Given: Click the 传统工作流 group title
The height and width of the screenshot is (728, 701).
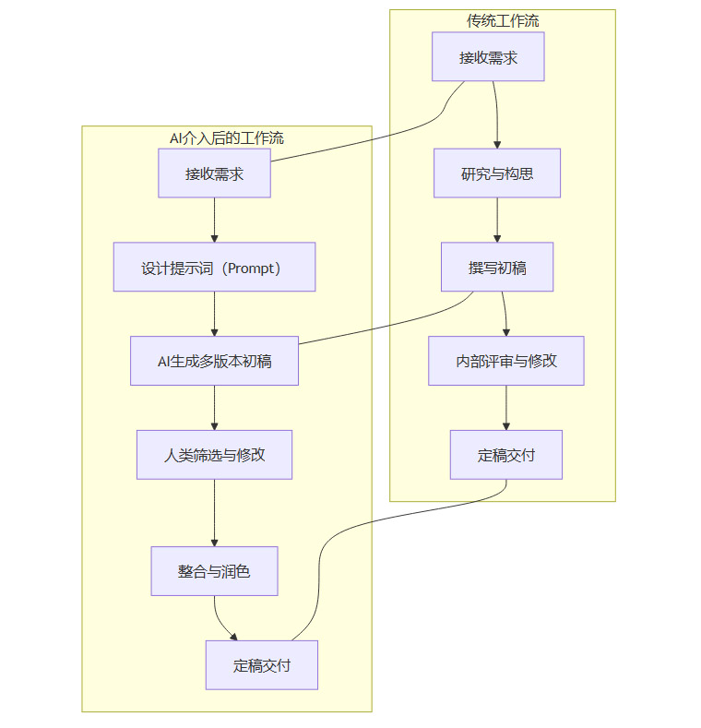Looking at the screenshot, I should pyautogui.click(x=502, y=20).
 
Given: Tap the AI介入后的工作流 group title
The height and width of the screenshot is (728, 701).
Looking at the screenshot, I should pyautogui.click(x=226, y=138).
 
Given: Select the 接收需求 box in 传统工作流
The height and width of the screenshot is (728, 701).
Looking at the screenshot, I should pyautogui.click(x=488, y=57).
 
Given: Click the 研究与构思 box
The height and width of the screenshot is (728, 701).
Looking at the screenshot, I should pyautogui.click(x=497, y=173).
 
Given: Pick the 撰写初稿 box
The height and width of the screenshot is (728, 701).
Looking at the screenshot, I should pyautogui.click(x=497, y=267).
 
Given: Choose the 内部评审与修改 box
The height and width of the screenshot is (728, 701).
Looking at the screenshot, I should pyautogui.click(x=506, y=361).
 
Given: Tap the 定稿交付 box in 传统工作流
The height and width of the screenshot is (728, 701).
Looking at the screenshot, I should pyautogui.click(x=506, y=455).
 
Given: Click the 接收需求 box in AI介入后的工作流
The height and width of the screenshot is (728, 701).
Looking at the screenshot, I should pyautogui.click(x=214, y=173).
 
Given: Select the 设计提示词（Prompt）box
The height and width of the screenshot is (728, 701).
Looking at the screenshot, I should pyautogui.click(x=214, y=268).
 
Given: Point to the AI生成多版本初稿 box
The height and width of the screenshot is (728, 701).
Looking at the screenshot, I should pyautogui.click(x=214, y=361).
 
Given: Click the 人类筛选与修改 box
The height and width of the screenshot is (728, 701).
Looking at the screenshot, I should pyautogui.click(x=214, y=455).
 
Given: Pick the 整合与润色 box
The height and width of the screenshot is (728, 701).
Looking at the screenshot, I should pyautogui.click(x=214, y=571).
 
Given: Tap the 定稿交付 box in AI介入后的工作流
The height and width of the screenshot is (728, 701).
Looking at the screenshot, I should pyautogui.click(x=262, y=665).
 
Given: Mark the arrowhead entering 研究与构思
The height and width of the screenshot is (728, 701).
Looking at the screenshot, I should pyautogui.click(x=497, y=145).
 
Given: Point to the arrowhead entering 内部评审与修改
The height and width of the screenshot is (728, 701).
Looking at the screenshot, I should pyautogui.click(x=506, y=332).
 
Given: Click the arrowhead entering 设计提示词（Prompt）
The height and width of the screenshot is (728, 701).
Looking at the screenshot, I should pyautogui.click(x=214, y=238).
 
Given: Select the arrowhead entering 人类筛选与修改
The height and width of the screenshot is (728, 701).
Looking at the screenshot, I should pyautogui.click(x=214, y=425).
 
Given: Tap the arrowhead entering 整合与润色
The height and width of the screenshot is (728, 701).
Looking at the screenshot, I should pyautogui.click(x=214, y=543).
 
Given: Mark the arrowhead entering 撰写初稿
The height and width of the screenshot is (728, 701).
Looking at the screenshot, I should pyautogui.click(x=497, y=238).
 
